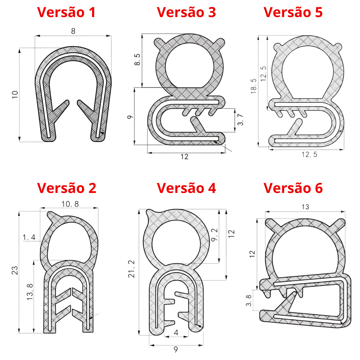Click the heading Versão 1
click(x=66, y=12)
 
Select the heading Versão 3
click(x=186, y=12)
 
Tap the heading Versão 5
click(x=293, y=12)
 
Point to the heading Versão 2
click(x=66, y=188)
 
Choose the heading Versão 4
click(x=186, y=188)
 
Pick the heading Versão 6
click(x=293, y=188)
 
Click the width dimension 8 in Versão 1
click(x=73, y=31)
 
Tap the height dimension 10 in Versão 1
click(x=15, y=94)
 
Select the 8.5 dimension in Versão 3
click(x=137, y=59)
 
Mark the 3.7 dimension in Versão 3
click(x=240, y=119)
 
